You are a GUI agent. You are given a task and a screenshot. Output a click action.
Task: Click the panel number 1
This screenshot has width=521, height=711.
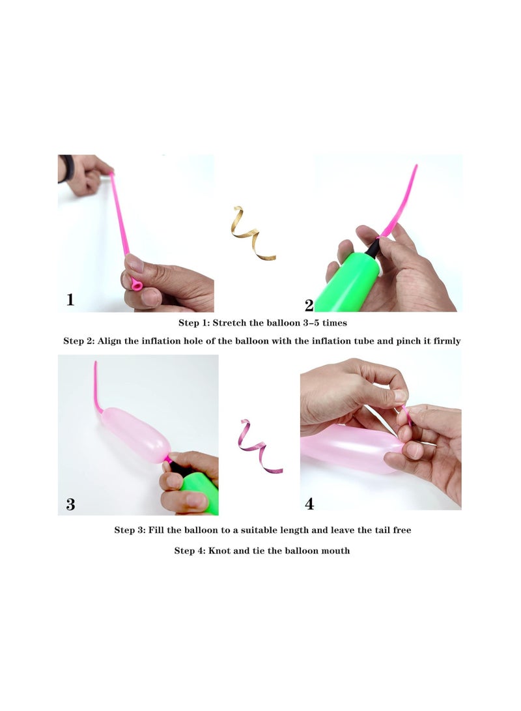[70, 300]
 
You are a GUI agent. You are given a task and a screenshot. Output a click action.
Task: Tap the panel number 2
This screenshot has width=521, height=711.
[309, 305]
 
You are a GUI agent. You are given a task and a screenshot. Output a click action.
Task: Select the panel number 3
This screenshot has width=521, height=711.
[71, 504]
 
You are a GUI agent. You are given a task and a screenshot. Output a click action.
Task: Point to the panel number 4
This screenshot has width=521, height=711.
[310, 504]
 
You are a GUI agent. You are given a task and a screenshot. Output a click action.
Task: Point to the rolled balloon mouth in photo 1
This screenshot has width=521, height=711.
[136, 284]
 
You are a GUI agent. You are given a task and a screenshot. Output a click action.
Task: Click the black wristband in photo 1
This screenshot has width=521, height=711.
[64, 167]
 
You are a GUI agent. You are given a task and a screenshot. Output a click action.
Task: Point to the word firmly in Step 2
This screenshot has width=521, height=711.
[445, 341]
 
